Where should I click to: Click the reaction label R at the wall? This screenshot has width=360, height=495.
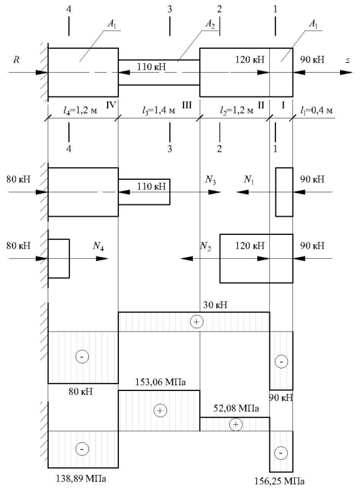(x=16, y=60)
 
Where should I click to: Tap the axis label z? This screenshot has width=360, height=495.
(x=347, y=60)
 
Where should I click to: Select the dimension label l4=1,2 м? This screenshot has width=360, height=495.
(x=80, y=110)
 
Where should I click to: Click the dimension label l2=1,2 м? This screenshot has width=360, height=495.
(x=236, y=110)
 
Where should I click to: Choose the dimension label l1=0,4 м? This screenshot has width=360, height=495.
(x=316, y=110)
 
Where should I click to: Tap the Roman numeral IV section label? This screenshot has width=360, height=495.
(x=111, y=105)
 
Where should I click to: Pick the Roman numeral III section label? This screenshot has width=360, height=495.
(x=187, y=105)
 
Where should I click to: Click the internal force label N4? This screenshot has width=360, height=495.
(x=98, y=246)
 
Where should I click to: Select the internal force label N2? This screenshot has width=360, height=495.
(x=206, y=246)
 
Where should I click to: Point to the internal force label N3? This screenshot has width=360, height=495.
(x=210, y=180)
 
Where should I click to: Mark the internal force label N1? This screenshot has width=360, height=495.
(x=249, y=180)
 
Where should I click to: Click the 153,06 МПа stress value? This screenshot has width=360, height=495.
(x=160, y=382)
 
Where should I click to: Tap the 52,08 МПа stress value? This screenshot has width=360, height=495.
(x=236, y=409)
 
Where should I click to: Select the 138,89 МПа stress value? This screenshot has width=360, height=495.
(x=81, y=479)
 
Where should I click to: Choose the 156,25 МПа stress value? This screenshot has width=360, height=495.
(x=279, y=481)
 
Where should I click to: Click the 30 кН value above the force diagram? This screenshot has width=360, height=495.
(x=215, y=305)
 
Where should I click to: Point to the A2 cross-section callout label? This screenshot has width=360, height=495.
(x=210, y=24)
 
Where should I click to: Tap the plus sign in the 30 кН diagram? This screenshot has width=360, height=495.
(x=196, y=321)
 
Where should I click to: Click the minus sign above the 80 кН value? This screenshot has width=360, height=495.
(x=82, y=357)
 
